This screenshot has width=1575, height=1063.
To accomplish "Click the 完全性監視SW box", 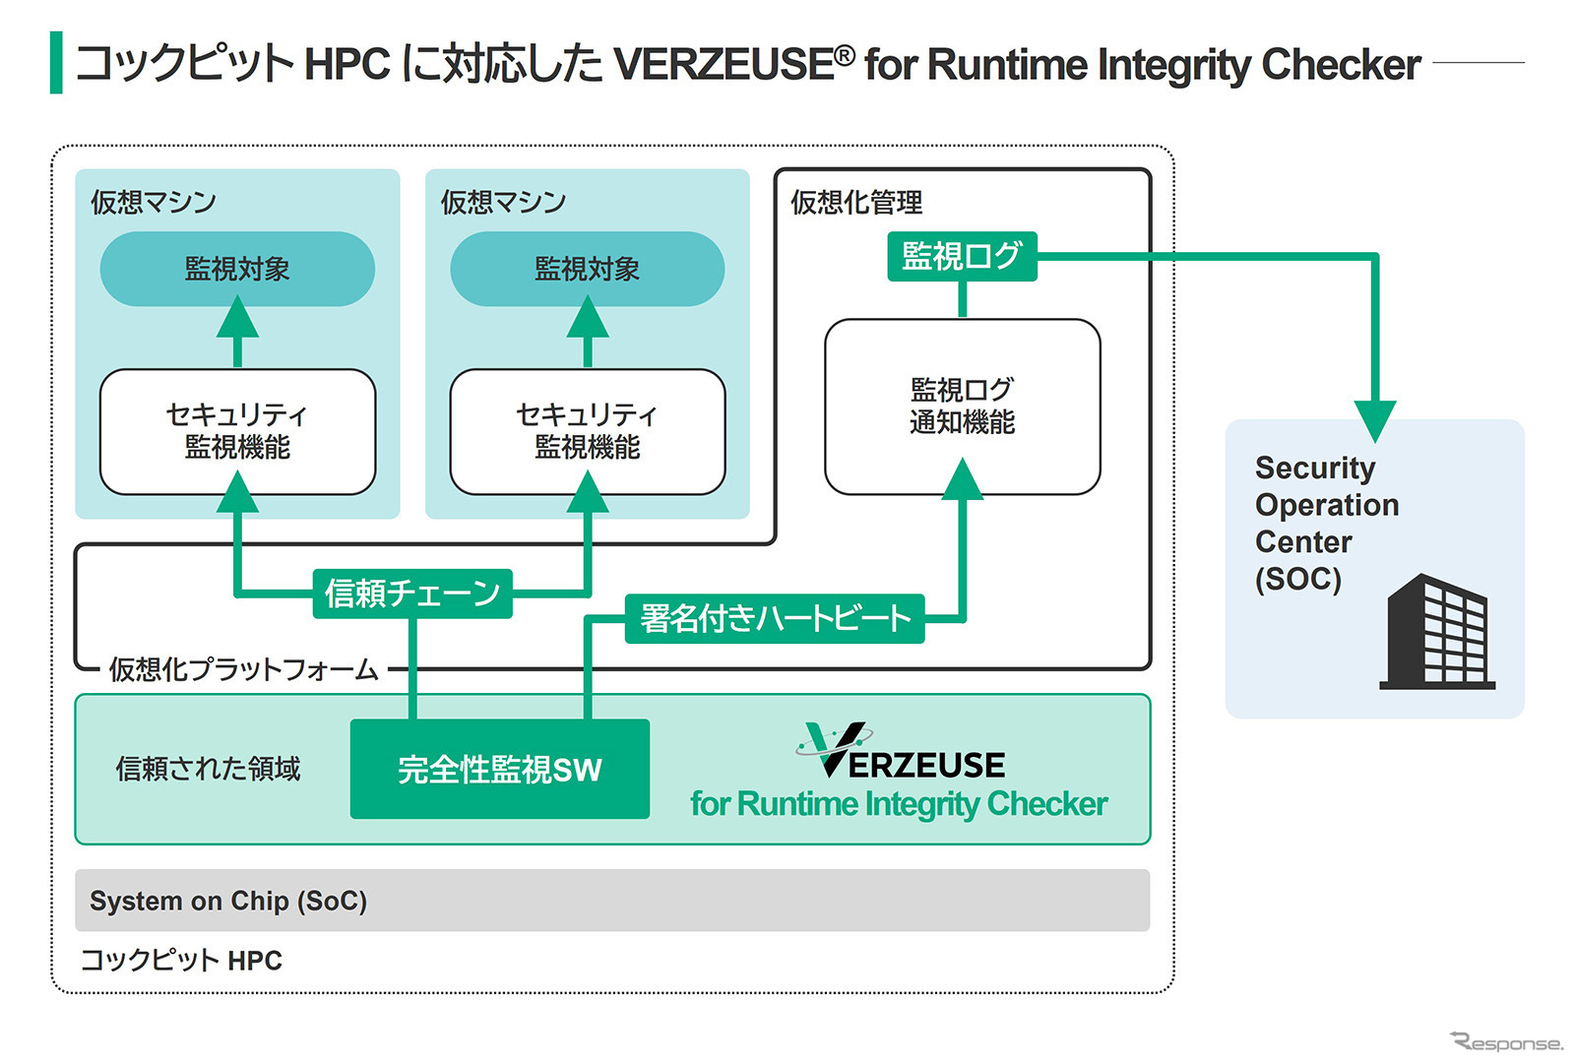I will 499,769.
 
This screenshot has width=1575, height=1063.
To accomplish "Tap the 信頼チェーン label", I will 412,594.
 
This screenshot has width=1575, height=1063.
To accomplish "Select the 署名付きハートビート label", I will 775,618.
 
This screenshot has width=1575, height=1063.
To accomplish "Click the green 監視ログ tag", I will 962,256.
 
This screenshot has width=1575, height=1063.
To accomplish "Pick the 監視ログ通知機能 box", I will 962,406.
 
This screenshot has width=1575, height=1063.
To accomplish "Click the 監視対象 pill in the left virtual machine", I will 237,269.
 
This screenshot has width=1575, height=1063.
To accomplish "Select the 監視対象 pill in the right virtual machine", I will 587,269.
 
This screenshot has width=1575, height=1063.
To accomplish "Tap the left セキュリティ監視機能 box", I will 237,431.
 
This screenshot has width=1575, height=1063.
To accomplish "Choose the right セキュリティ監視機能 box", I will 587,431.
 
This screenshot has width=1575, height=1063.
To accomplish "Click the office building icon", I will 1438,633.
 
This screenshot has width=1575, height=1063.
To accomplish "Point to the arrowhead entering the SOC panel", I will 1374,419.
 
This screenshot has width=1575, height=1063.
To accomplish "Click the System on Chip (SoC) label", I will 228,901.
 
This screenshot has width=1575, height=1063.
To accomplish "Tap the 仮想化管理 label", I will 856,203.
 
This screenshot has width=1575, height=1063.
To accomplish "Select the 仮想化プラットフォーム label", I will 243,669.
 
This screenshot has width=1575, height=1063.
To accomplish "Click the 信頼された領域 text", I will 208,769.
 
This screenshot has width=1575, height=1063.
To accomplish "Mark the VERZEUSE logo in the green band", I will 901,753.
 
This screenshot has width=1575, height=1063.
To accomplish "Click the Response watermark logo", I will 1505,1041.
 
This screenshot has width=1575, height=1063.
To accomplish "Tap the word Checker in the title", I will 1341,65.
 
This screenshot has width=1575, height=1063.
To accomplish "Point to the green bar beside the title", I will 56,63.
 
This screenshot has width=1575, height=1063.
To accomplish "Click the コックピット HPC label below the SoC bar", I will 181,960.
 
